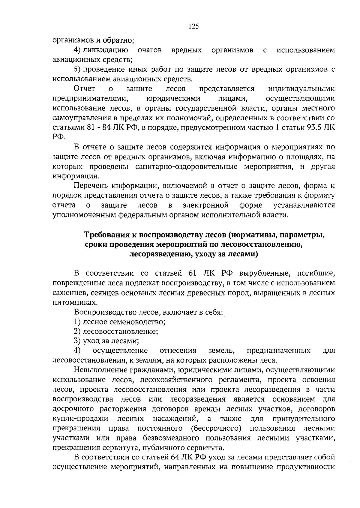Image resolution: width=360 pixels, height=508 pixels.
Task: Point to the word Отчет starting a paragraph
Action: tap(84, 88)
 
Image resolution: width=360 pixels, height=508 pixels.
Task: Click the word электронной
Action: tap(206, 205)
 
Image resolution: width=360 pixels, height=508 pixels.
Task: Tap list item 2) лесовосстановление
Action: tap(116, 332)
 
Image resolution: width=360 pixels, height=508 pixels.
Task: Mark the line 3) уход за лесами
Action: tap(106, 341)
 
